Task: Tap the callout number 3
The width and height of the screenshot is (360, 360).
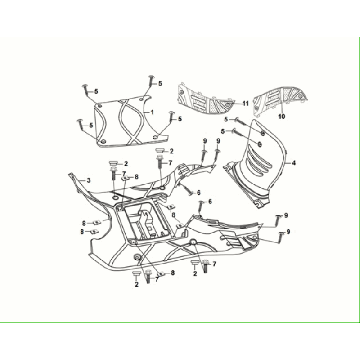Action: [x=88, y=180]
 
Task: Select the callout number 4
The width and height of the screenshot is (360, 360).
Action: [x=293, y=160]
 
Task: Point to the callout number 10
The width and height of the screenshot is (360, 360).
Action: [x=281, y=117]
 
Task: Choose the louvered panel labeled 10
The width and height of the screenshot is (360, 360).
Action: [x=280, y=95]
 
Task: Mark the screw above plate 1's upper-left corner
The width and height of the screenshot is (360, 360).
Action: [x=100, y=88]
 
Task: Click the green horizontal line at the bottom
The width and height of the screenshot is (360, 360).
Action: [x=180, y=322]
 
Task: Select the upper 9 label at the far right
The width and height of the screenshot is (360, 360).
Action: [x=285, y=216]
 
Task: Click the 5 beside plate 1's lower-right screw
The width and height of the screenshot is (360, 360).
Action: [x=180, y=118]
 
